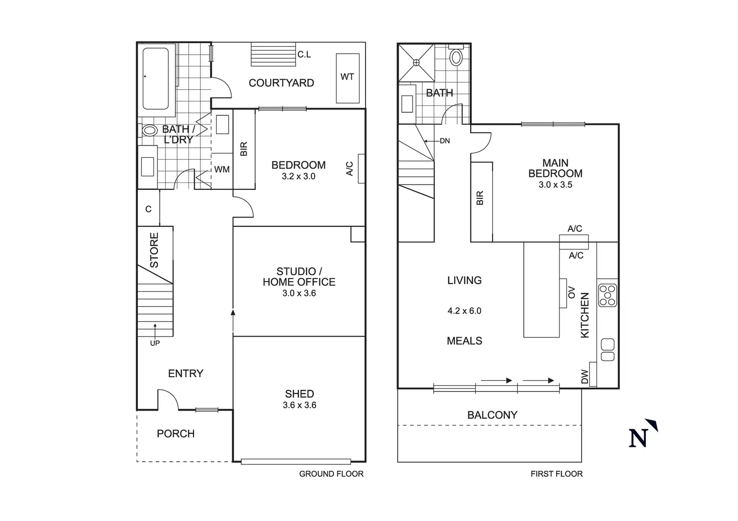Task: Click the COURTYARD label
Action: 281,83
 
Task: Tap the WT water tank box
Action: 347,78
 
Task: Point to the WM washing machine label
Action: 222,170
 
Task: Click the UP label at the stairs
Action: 155,343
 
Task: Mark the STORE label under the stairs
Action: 154,249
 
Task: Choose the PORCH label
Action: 175,434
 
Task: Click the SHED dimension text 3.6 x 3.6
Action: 299,405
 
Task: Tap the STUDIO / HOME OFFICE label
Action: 299,277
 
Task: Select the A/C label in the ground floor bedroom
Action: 350,169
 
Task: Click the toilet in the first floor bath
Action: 456,57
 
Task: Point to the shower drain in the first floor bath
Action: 416,62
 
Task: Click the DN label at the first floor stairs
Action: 445,141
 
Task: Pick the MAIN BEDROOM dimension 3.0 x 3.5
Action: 555,185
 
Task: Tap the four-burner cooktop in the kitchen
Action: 608,295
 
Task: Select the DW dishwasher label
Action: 585,378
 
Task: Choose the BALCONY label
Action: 492,415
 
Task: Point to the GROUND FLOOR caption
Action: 331,474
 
